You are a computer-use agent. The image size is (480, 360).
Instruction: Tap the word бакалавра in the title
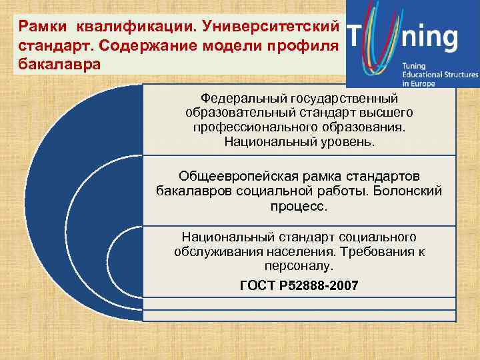click(60, 65)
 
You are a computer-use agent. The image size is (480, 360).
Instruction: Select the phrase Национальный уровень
click(299, 141)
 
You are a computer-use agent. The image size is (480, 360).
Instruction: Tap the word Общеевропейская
click(229, 176)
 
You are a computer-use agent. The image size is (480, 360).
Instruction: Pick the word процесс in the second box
click(299, 207)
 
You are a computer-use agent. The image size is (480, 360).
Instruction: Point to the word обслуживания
click(215, 251)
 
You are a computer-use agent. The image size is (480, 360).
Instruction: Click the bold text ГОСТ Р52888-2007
click(299, 285)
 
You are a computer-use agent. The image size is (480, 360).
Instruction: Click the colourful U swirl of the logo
click(380, 40)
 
